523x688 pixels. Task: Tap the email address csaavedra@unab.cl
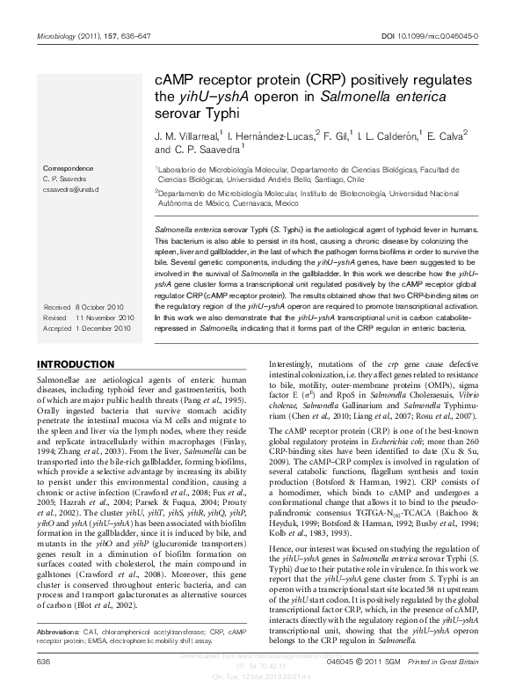coord(71,189)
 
